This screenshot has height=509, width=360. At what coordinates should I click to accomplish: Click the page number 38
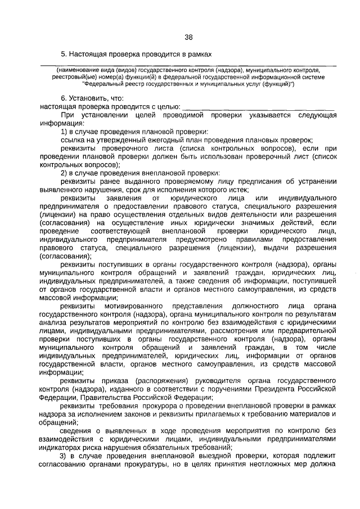tap(188, 37)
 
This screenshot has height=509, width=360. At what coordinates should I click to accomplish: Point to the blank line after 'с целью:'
tap(259, 106)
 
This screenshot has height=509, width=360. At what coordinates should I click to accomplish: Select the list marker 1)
tap(64, 131)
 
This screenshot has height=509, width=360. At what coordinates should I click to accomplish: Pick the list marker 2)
tap(64, 172)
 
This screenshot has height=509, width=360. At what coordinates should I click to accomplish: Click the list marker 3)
tap(64, 456)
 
